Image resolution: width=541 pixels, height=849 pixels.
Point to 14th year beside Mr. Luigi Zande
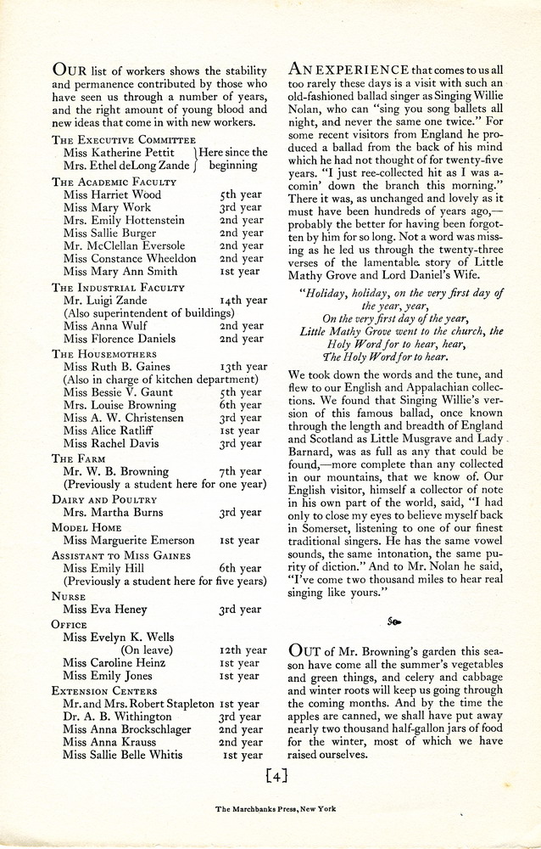coord(241,300)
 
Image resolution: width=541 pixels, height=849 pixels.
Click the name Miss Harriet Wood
coord(112,194)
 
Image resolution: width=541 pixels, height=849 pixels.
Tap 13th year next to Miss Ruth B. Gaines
coord(242,367)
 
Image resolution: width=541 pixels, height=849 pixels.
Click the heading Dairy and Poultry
coord(105,500)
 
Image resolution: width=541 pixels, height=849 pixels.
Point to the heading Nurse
coord(70,596)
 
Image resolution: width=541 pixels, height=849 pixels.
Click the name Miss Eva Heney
coord(105,610)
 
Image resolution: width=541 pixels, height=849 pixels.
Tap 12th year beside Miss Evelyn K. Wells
coord(241,649)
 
